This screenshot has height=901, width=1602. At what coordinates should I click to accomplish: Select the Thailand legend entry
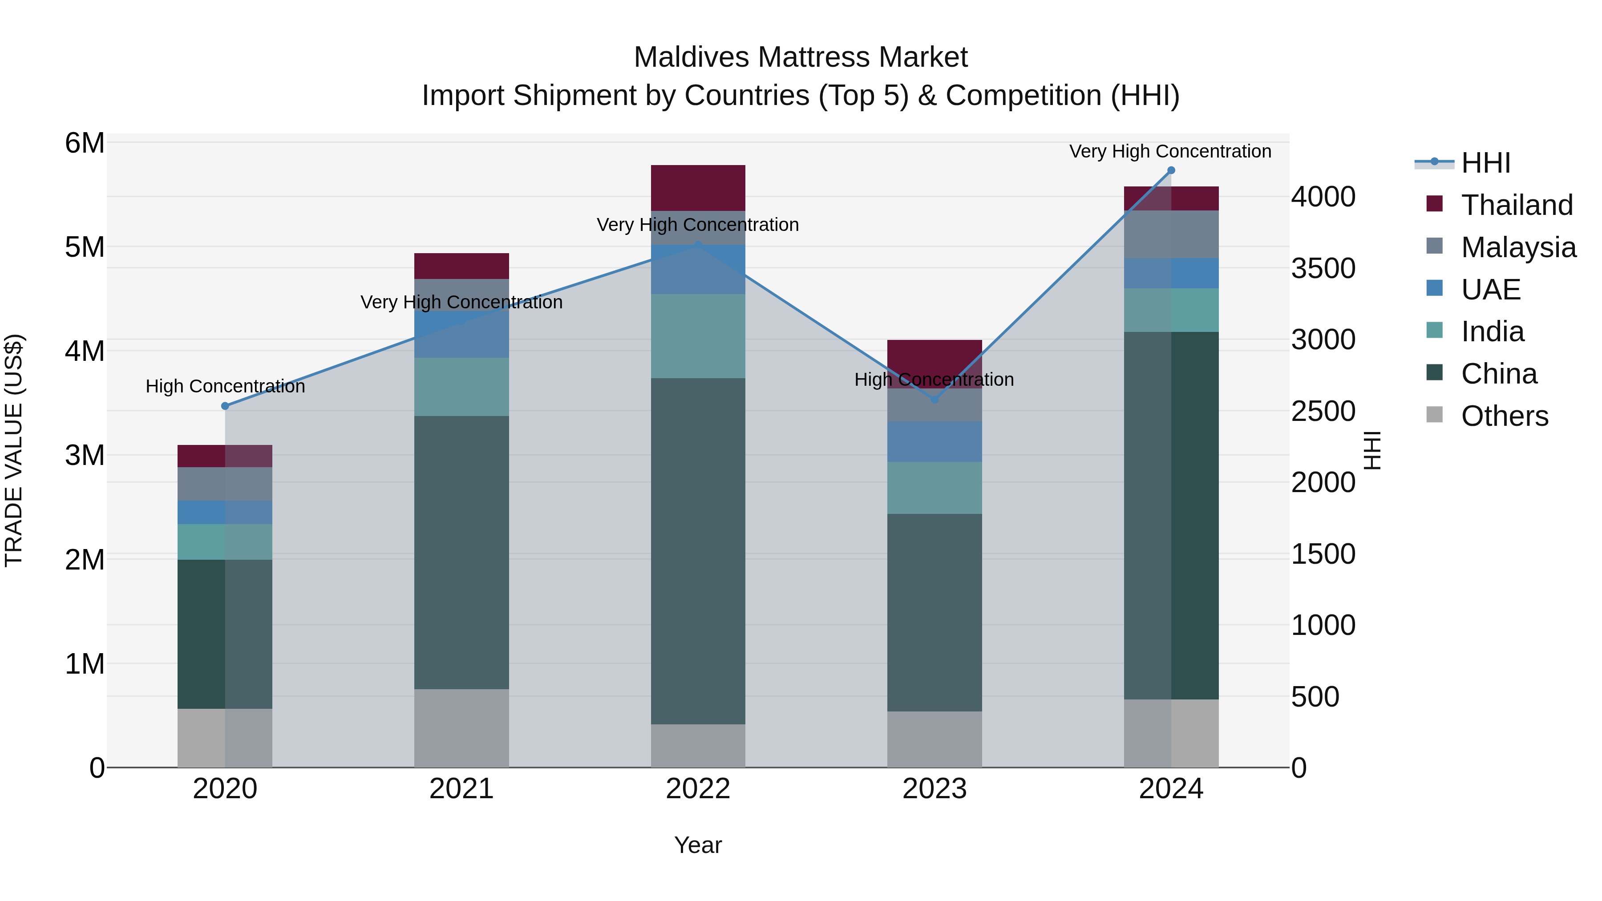coord(1516,205)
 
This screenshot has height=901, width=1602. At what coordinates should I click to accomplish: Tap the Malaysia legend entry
coord(1518,247)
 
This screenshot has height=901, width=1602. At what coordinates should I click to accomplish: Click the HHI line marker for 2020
coord(225,406)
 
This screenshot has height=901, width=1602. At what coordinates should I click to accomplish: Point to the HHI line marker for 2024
coord(1171,170)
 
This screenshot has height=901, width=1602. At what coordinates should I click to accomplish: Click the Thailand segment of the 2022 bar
coord(698,188)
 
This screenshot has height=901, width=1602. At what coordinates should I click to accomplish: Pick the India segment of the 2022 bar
coord(698,336)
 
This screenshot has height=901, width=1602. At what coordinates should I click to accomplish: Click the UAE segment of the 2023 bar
coord(934,441)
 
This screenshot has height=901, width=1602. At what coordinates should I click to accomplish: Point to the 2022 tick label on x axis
coord(698,789)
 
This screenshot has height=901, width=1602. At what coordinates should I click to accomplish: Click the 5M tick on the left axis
coord(85,247)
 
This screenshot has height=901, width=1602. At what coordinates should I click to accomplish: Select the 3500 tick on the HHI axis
coord(1323,269)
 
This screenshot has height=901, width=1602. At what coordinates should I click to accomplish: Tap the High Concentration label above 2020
coord(225,386)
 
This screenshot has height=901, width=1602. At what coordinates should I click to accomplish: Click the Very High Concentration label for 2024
coord(1170,151)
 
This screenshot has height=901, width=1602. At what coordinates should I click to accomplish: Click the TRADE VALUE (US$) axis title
coord(14,450)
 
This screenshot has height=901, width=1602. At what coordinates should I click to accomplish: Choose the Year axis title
coord(698,845)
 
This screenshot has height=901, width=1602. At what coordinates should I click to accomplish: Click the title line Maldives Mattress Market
coord(801,57)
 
